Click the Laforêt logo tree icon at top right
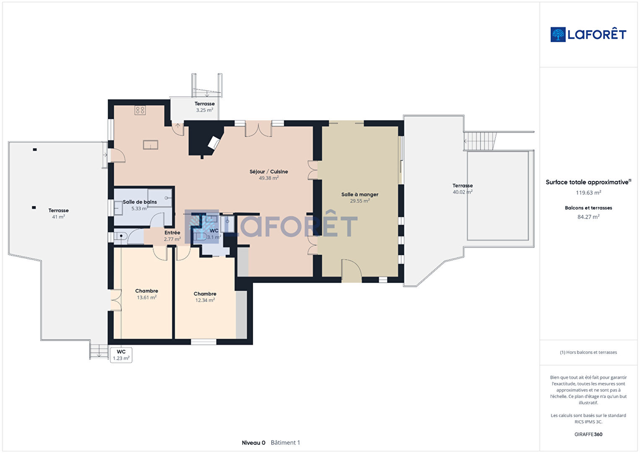(558, 34)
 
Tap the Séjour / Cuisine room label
(268, 172)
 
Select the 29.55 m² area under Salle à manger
(360, 201)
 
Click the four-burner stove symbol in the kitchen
(140, 110)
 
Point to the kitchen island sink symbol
(150, 145)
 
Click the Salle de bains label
(140, 202)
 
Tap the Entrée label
(172, 233)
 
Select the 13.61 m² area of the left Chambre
(146, 297)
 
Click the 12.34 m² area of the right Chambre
(205, 300)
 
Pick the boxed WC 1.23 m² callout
(121, 355)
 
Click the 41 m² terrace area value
(58, 217)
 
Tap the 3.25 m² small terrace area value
(205, 110)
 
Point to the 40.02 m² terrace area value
(463, 192)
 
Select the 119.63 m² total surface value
(588, 193)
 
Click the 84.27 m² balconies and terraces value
(588, 217)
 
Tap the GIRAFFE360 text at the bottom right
(588, 434)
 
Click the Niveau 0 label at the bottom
(253, 443)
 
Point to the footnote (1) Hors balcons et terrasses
(588, 352)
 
